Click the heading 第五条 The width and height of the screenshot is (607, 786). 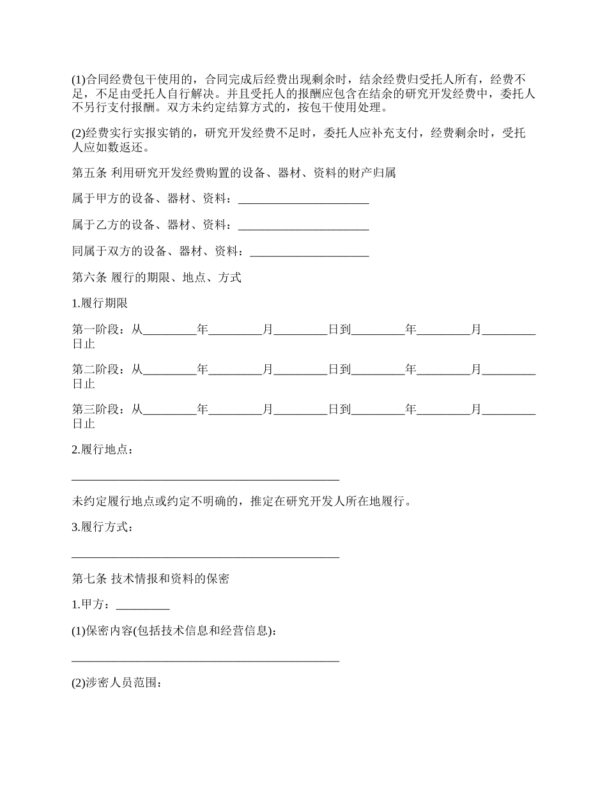[x=90, y=173]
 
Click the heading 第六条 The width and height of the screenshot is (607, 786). [x=90, y=277]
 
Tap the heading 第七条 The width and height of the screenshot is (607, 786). [x=90, y=579]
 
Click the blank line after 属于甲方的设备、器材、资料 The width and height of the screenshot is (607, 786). [x=303, y=201]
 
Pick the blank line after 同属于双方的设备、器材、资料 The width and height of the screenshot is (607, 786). [x=309, y=253]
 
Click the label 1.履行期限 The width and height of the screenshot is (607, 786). [x=100, y=304]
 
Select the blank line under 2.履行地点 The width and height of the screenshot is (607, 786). [x=205, y=477]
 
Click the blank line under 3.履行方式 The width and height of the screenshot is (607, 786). [x=205, y=555]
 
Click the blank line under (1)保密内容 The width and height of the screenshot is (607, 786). [x=205, y=659]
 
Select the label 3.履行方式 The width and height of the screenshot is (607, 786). [x=102, y=527]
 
